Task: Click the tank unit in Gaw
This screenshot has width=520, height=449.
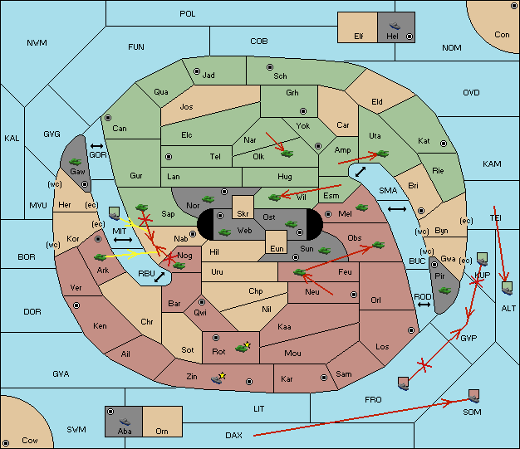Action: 76,162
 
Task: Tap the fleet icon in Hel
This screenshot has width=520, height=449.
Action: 395,26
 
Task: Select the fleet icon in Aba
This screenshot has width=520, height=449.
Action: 125,422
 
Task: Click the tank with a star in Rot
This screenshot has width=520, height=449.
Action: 243,347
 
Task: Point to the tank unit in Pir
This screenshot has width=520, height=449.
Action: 444,290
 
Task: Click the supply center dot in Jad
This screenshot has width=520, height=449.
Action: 197,71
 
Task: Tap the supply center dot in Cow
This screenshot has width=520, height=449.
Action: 6,442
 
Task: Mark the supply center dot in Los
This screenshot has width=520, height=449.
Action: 411,330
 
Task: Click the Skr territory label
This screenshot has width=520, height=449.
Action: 243,214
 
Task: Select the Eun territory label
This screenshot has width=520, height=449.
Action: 277,248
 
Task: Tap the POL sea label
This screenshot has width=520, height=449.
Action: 188,14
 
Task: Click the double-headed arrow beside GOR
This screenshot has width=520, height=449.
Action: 96,146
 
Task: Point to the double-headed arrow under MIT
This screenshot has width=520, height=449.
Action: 123,240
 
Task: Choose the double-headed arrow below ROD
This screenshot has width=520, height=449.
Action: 424,305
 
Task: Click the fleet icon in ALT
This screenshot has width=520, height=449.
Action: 507,288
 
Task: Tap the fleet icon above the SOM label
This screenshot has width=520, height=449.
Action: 474,396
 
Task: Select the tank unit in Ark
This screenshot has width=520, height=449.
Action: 101,256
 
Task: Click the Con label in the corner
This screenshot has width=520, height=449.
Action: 502,35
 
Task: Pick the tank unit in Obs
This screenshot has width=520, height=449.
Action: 379,245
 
